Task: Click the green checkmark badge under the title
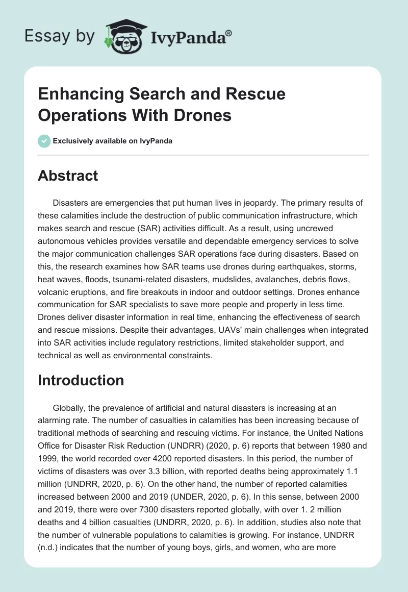pyautogui.click(x=44, y=141)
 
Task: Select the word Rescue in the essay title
pyautogui.click(x=252, y=94)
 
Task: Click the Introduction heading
pyautogui.click(x=81, y=380)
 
